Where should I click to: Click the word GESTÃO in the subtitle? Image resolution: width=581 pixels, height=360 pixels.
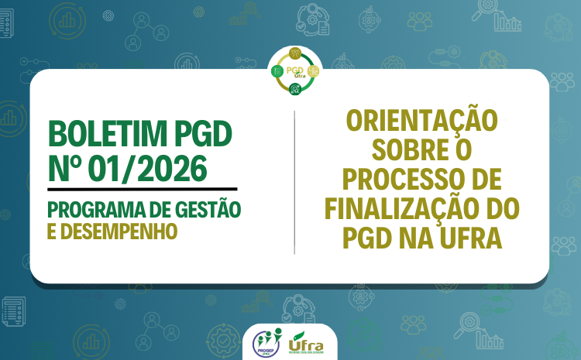click(x=204, y=209)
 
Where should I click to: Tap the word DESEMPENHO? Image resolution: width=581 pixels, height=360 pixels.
click(x=119, y=231)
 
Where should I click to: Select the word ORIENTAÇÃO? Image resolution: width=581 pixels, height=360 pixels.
click(x=421, y=122)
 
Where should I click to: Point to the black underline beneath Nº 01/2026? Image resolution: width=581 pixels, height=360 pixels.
click(x=142, y=187)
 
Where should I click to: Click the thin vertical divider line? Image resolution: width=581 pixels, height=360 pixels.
click(x=294, y=182)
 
